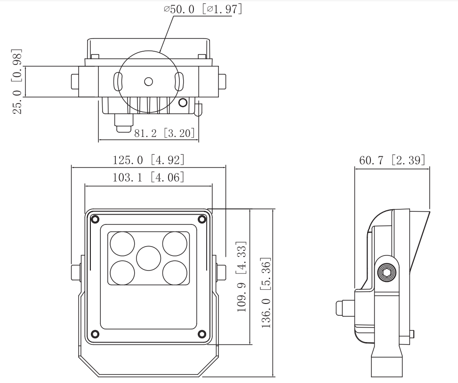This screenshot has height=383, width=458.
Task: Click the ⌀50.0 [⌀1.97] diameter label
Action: coord(203,9)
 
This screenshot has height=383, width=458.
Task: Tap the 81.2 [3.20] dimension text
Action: coord(164,133)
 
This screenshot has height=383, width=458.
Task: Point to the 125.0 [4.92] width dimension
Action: coord(148,160)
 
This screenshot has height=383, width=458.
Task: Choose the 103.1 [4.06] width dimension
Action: coord(148,178)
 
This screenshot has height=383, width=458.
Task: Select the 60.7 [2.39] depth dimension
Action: coord(392,160)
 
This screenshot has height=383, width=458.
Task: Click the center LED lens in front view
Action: coord(149,258)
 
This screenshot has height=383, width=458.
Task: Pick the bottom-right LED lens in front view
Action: coord(175,272)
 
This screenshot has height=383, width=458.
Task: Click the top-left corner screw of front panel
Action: coord(96,219)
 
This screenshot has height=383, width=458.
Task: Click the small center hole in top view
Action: coord(148,81)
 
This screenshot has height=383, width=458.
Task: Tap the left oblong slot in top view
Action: coord(118,82)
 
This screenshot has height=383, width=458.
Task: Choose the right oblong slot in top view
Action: coord(179,82)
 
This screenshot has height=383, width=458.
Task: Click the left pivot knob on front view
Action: coord(76,272)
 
